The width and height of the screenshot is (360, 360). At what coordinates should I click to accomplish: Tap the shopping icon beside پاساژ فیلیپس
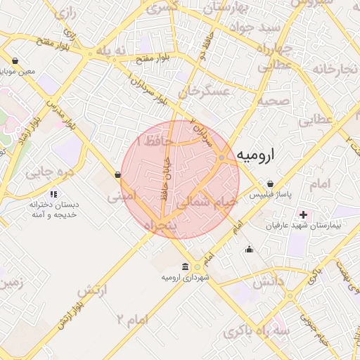click(x=270, y=184)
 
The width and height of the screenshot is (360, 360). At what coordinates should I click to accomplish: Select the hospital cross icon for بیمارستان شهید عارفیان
click(x=304, y=214)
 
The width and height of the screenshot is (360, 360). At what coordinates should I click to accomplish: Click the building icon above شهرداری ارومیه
click(x=185, y=266)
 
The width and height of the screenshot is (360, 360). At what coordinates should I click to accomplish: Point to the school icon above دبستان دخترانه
click(x=53, y=194)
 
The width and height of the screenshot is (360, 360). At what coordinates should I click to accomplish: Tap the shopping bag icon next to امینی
click(x=117, y=175)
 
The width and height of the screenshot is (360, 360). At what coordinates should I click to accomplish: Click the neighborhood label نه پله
click(x=114, y=51)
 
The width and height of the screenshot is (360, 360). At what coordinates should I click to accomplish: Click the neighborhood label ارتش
click(x=92, y=290)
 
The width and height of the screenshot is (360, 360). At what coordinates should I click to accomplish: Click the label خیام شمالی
click(x=207, y=201)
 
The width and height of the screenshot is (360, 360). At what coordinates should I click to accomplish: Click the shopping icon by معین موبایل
click(x=15, y=60)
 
